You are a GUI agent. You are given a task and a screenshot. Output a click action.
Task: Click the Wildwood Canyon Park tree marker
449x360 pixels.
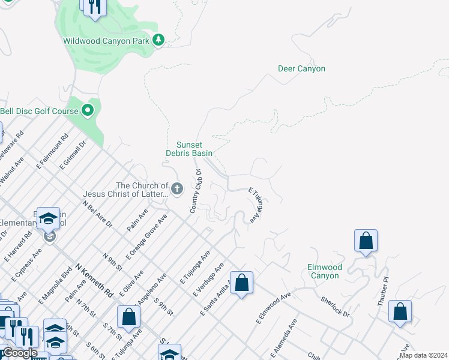pos(158,41)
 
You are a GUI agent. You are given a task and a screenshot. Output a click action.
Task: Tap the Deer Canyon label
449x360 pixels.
pos(301,68)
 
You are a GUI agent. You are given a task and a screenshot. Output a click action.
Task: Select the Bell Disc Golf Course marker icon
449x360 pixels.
pos(88,110)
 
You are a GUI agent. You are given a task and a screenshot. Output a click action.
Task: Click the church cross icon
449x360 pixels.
pos(177,190)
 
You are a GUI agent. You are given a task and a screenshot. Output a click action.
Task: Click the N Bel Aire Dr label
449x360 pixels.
pos(97,214)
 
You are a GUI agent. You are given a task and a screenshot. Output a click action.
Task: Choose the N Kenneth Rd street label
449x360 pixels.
pos(94,280)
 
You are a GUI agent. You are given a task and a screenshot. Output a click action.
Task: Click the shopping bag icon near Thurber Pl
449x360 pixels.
pos(400,311)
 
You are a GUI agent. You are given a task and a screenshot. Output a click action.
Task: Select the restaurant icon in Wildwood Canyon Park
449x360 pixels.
pos(94,7)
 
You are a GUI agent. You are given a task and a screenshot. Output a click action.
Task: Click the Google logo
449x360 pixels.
pos(19,353)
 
